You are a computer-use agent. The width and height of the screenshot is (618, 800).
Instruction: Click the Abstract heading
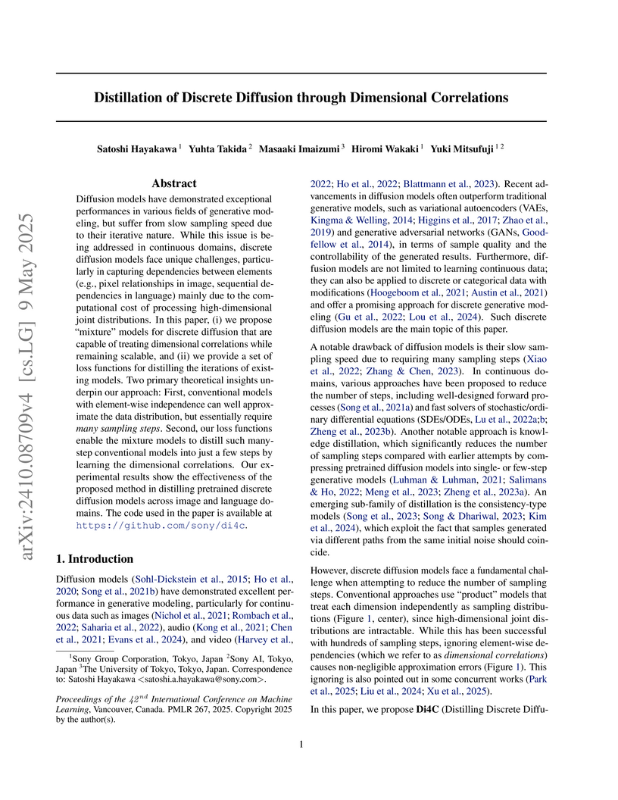click(174, 183)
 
